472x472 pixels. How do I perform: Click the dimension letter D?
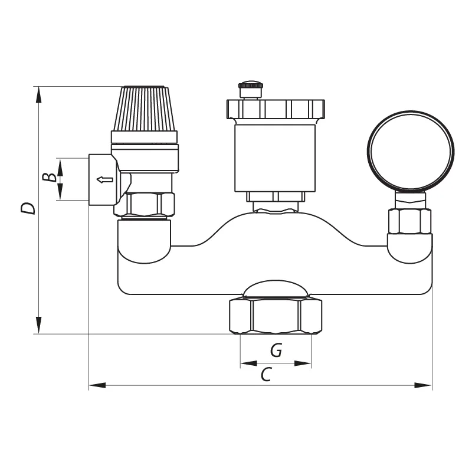(x=28, y=208)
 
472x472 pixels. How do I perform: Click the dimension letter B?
(x=50, y=178)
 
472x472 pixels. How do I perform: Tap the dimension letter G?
(x=276, y=350)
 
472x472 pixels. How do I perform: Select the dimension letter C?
(x=267, y=375)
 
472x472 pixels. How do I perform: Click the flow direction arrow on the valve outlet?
(x=105, y=180)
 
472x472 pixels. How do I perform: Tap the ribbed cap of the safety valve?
(x=145, y=109)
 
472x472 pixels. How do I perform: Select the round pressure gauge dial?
(x=411, y=151)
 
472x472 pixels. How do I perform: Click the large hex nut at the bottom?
(x=276, y=316)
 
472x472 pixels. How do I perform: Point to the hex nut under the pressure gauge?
(x=409, y=221)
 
